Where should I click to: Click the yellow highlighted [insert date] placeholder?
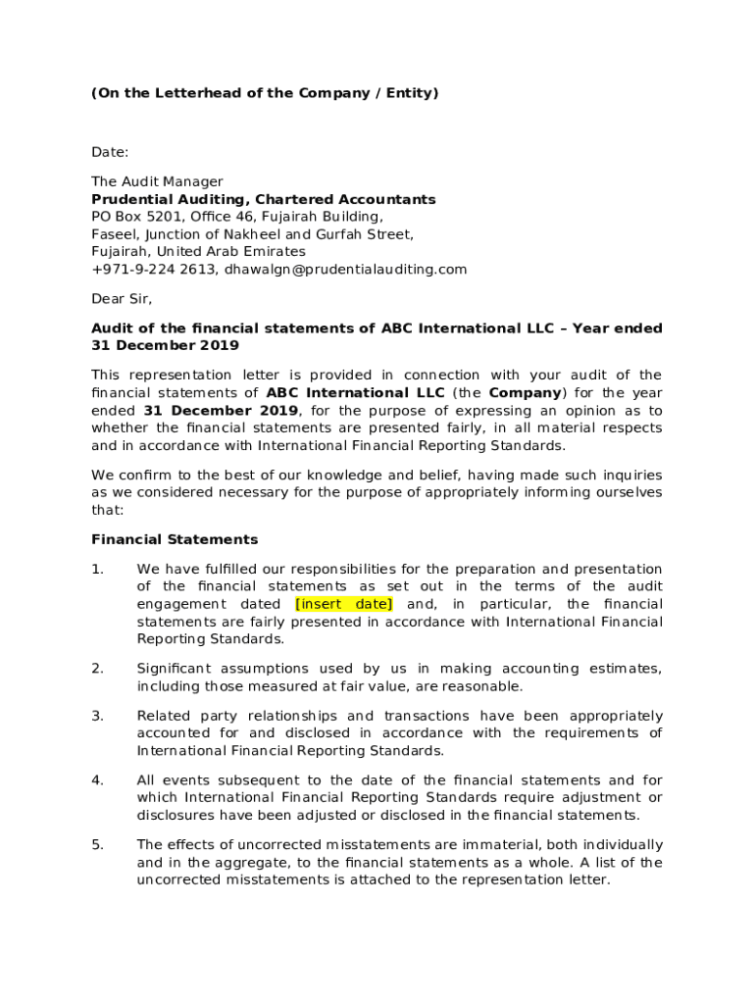point(343,604)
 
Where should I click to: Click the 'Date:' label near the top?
point(110,152)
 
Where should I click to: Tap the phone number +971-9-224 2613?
point(153,269)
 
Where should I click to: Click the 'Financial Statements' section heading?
point(175,539)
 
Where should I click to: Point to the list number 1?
point(97,570)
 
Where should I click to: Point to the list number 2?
point(97,669)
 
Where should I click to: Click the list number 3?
point(97,716)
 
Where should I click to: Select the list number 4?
point(97,780)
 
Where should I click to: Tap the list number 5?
point(97,845)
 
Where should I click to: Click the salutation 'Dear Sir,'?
point(123,299)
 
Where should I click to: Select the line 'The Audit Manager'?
point(157,181)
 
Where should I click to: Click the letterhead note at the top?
point(265,93)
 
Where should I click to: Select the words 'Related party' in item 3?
point(182,716)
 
